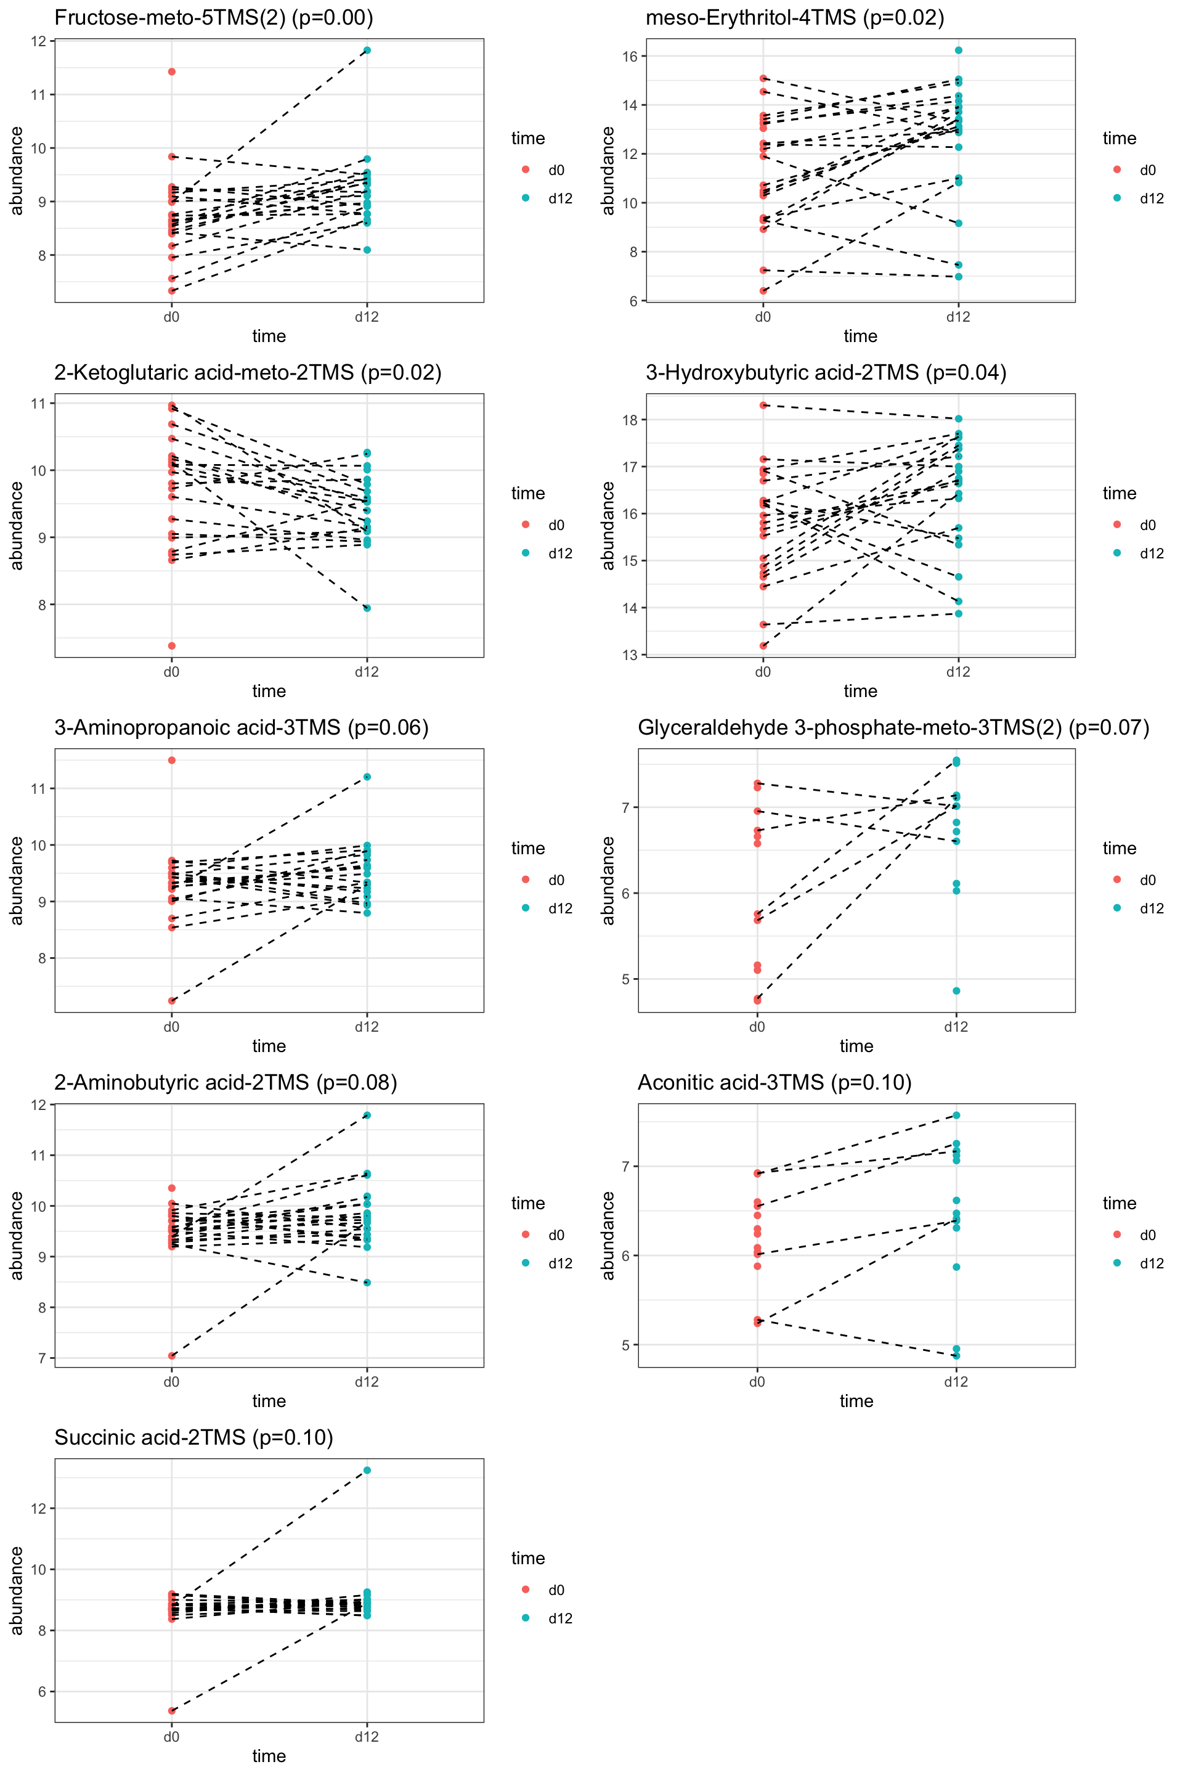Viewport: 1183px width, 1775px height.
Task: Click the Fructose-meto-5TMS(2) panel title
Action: click(214, 17)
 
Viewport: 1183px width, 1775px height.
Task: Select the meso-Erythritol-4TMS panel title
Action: click(794, 17)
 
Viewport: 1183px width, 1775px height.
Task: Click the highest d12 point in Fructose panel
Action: click(367, 51)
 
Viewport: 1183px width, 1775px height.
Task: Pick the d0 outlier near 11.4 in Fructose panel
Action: click(172, 71)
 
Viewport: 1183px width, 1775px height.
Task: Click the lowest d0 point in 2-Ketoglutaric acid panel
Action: click(172, 646)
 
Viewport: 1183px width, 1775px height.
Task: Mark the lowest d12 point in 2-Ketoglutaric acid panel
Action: click(367, 608)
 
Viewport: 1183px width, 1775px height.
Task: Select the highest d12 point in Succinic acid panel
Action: click(367, 1470)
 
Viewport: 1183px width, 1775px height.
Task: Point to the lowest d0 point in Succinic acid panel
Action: click(172, 1711)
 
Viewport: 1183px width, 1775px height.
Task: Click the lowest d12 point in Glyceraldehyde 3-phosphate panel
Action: click(956, 991)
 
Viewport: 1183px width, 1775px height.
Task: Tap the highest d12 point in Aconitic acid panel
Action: click(956, 1116)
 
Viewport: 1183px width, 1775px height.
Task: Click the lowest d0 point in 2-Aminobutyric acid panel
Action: click(172, 1355)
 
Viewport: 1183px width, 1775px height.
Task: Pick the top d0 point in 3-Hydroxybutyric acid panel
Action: click(763, 406)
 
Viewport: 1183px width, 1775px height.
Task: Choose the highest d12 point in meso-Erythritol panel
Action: click(958, 51)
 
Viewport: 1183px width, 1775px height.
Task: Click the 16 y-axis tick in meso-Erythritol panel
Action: click(630, 57)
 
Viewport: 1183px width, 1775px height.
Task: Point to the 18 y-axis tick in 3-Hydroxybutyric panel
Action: click(630, 420)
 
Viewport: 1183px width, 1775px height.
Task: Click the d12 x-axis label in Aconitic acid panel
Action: click(956, 1382)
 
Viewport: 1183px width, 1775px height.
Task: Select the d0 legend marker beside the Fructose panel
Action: click(526, 170)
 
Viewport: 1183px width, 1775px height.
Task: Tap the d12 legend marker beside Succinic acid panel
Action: click(526, 1618)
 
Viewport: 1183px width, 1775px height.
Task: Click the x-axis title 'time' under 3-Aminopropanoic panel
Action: click(269, 1046)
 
